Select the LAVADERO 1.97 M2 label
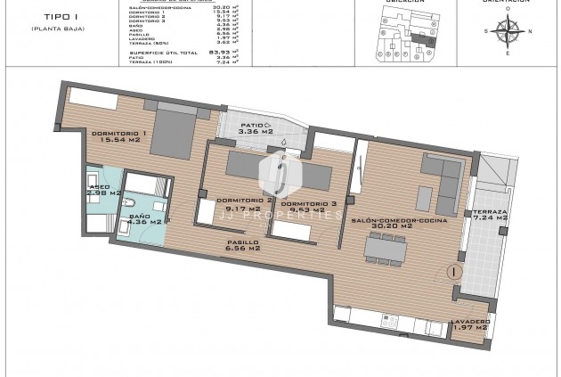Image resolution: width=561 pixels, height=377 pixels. (470, 324)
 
